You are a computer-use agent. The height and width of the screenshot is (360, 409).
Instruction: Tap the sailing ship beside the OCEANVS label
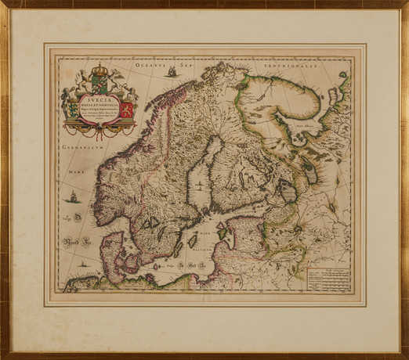[171, 72]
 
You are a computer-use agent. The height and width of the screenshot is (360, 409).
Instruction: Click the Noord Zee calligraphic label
[77, 240]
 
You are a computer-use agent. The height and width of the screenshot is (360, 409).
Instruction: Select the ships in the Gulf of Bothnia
[200, 185]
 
